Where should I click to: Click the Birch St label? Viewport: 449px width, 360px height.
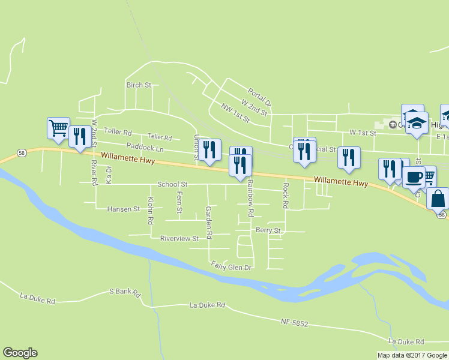coord(139,85)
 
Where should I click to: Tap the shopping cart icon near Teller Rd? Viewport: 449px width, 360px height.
coord(58,128)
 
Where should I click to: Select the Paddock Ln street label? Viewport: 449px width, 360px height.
coord(145,147)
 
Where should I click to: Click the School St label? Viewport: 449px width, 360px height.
coord(173,184)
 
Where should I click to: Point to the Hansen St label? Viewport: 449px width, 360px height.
coord(123,209)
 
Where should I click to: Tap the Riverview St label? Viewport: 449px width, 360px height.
coord(179,238)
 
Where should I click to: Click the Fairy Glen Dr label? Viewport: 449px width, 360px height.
coord(231,265)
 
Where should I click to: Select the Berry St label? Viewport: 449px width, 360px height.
coord(268,230)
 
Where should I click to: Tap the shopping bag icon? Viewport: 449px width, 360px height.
coord(438,197)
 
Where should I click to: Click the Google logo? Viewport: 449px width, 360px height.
coord(20,353)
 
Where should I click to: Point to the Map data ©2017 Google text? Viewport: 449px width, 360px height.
coord(412,355)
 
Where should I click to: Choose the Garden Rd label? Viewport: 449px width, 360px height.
coord(208,223)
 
